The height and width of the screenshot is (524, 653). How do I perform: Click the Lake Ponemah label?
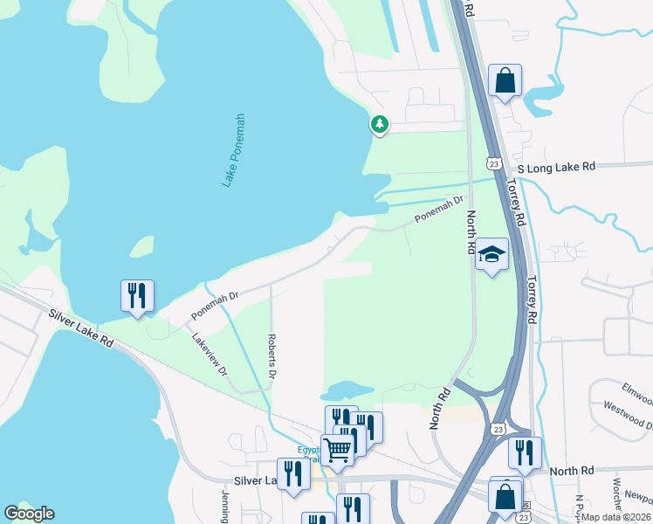click(x=232, y=149)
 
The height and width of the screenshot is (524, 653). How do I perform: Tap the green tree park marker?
click(x=379, y=124)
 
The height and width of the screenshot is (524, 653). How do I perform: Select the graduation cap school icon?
click(x=491, y=254)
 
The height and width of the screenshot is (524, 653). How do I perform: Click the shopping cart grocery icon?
click(x=338, y=451)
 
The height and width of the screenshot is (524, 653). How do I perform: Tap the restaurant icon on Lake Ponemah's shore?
click(x=137, y=295)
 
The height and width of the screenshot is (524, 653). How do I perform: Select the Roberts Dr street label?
click(x=272, y=355)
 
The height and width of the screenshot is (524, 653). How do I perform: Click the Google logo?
click(x=29, y=514)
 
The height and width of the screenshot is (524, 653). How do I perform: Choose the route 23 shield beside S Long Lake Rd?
click(x=494, y=163)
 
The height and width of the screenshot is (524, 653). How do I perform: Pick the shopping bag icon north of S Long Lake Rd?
click(x=505, y=81)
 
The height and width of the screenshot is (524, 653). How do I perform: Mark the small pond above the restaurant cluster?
click(x=354, y=389)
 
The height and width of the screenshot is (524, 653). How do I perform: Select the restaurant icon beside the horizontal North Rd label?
click(x=525, y=452)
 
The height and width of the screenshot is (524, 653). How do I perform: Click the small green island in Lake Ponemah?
click(x=142, y=247)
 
